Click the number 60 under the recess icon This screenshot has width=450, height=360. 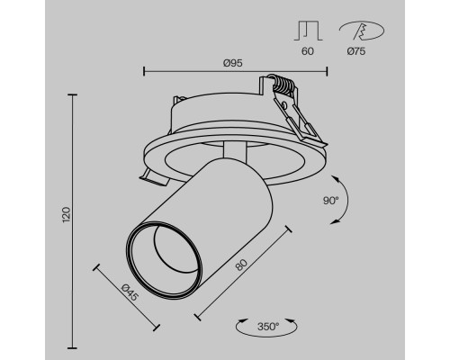[309, 52]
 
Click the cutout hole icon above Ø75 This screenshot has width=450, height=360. [361, 31]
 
